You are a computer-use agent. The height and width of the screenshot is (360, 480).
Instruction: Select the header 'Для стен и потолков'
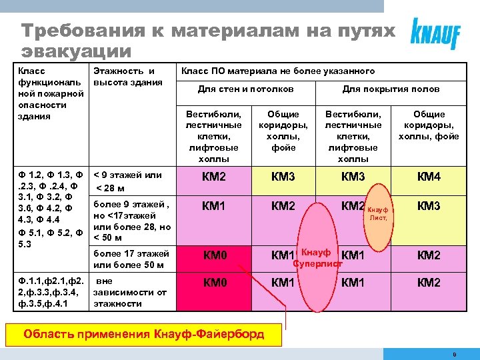tap(246, 89)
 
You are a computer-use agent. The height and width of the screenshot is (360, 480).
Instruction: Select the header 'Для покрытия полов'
tap(391, 89)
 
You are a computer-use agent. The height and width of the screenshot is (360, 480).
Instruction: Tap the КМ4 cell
tap(429, 177)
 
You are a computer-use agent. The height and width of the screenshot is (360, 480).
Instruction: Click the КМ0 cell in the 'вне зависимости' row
tap(215, 283)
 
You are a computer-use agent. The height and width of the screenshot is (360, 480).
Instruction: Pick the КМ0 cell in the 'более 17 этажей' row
tap(215, 255)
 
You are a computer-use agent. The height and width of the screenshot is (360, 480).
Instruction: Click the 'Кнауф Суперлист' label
tap(317, 258)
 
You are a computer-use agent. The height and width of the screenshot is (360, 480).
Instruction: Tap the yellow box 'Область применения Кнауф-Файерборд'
tap(144, 333)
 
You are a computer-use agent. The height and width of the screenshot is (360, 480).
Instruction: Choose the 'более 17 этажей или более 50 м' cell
tap(131, 259)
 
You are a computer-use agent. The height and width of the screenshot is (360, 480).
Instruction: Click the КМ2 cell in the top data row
tap(215, 177)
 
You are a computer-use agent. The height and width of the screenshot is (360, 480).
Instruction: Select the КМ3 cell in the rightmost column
tap(429, 206)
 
